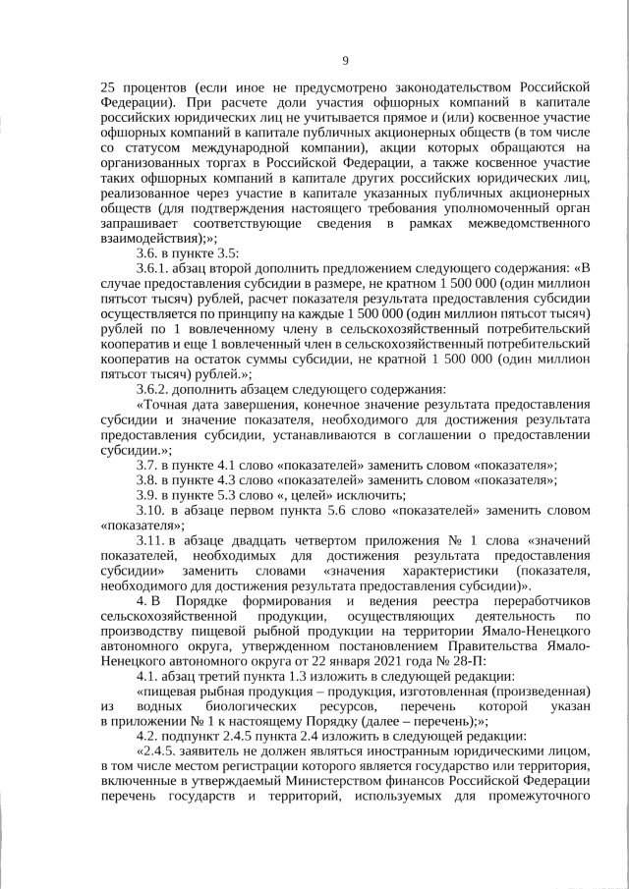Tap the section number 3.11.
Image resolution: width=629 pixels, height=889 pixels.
pos(151,540)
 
